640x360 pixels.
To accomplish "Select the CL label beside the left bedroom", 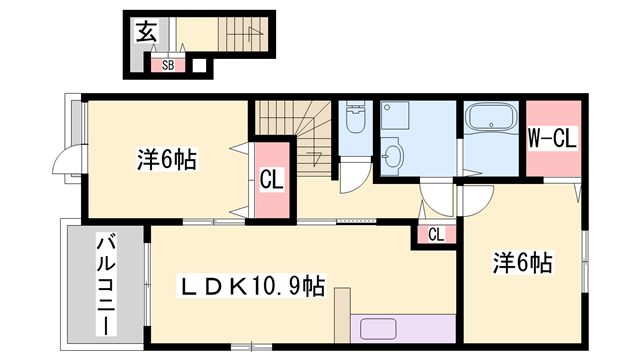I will (x=270, y=181).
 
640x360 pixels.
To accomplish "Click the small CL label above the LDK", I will (x=436, y=234).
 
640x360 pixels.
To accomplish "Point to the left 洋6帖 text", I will (x=165, y=158).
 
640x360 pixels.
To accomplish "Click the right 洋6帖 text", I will (x=521, y=263).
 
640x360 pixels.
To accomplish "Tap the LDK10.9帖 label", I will (x=251, y=286).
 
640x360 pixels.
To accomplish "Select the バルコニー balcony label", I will (x=103, y=282).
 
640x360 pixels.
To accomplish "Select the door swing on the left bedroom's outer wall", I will (x=68, y=161).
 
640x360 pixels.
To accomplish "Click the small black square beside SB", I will (x=198, y=66).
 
